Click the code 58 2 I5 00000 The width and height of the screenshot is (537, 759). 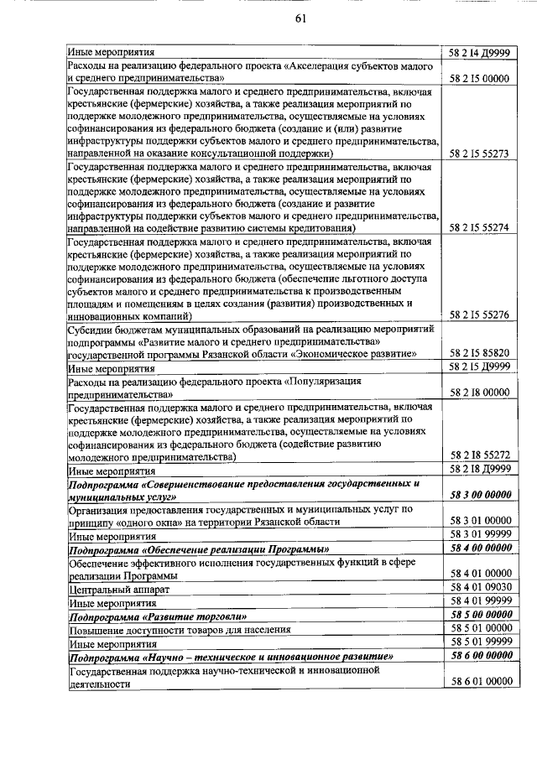pyautogui.click(x=481, y=79)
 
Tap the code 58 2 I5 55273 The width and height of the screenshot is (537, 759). pyautogui.click(x=481, y=154)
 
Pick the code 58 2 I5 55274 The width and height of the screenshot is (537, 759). pyautogui.click(x=481, y=228)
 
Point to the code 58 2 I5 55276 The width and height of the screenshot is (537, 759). pyautogui.click(x=481, y=315)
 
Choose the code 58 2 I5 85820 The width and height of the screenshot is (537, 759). pyautogui.click(x=481, y=354)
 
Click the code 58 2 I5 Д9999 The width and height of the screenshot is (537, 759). pyautogui.click(x=481, y=367)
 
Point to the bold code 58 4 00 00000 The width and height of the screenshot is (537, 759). pyautogui.click(x=481, y=548)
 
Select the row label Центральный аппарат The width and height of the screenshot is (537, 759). pyautogui.click(x=108, y=590)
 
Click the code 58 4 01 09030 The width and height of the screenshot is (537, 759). pyautogui.click(x=481, y=588)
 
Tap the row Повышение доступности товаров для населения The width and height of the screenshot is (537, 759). pyautogui.click(x=180, y=629)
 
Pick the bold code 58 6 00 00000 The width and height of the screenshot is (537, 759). pyautogui.click(x=481, y=657)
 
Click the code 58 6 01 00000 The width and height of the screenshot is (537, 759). pyautogui.click(x=481, y=683)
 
